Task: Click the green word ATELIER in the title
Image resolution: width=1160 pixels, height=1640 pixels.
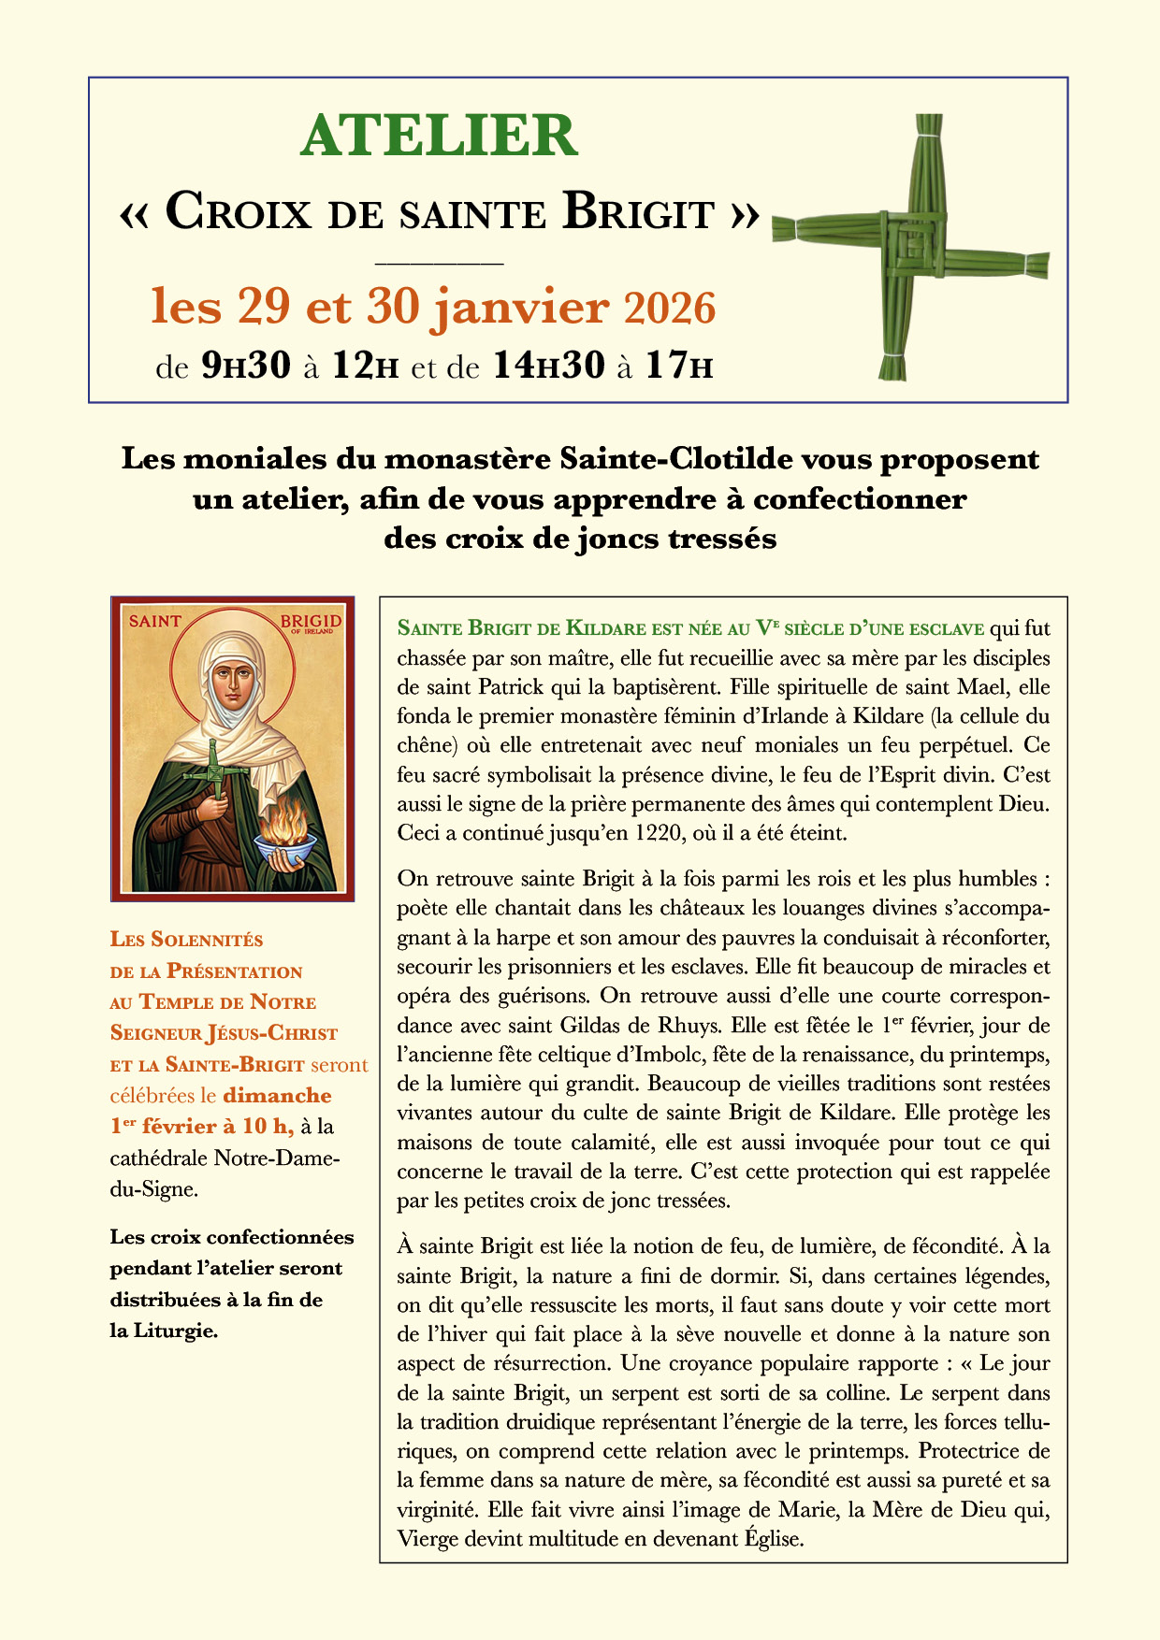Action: coord(439,136)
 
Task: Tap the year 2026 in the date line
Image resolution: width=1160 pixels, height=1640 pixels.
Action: coord(669,309)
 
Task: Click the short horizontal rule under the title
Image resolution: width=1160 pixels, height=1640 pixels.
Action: coord(439,265)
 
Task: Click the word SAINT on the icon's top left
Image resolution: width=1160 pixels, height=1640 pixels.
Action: coord(154,621)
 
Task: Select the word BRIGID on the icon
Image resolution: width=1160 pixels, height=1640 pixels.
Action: coord(312,621)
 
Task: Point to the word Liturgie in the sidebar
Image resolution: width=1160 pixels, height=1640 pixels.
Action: coord(178,1331)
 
